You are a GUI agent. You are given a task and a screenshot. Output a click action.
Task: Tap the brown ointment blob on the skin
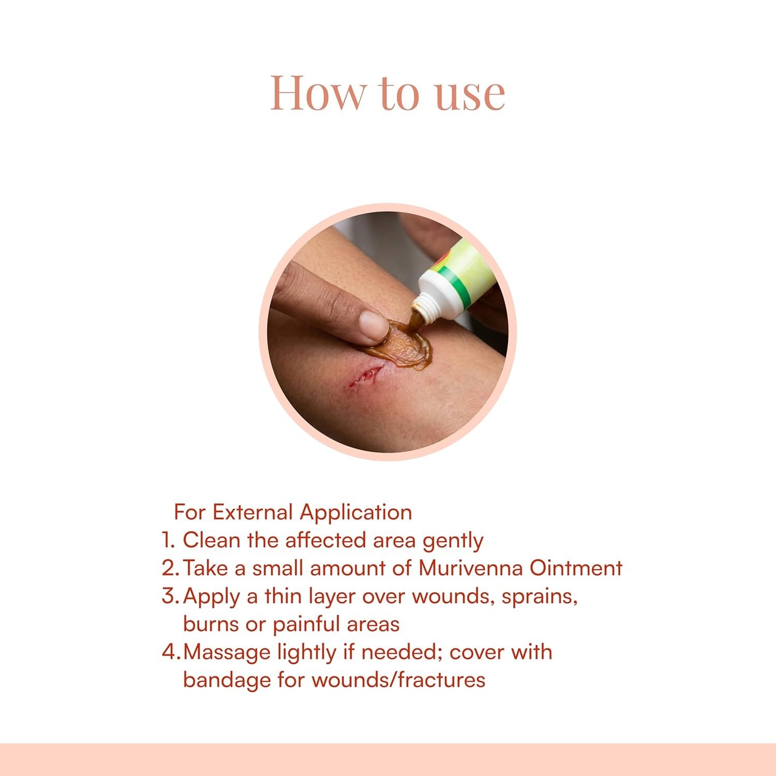(x=401, y=342)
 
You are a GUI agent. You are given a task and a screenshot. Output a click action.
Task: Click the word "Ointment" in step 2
(x=576, y=568)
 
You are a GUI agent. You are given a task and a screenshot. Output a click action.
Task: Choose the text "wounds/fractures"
(x=399, y=680)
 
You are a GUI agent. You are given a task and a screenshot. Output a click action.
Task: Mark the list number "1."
(x=169, y=540)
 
